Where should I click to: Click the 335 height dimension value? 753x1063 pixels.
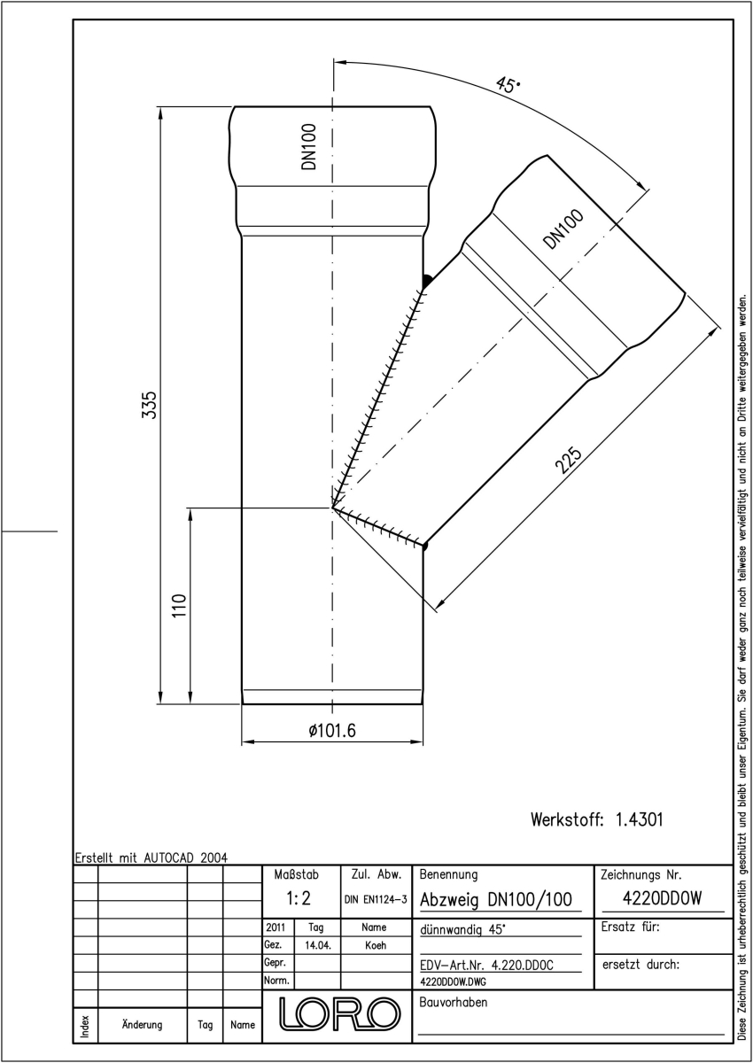click(150, 405)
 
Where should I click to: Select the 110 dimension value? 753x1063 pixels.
click(179, 605)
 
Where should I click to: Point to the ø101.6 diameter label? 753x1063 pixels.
click(331, 730)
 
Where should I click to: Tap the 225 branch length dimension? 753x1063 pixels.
click(569, 460)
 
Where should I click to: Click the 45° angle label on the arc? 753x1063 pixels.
click(508, 85)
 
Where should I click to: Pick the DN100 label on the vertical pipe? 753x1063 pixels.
click(308, 147)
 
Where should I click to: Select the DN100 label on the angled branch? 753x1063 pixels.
click(563, 229)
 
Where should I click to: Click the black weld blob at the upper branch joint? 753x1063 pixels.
click(427, 282)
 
